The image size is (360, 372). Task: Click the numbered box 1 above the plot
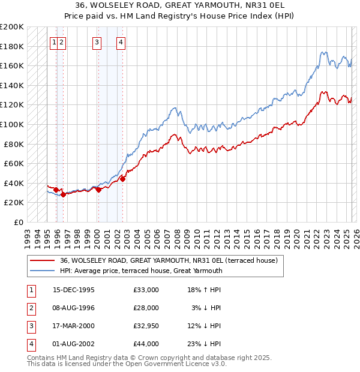[55, 42]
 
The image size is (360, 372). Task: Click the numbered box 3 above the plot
[97, 42]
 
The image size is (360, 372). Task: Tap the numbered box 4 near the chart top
[121, 42]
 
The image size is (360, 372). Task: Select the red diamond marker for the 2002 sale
[122, 179]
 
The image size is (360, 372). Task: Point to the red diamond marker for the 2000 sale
[98, 190]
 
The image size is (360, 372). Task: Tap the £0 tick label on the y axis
[19, 222]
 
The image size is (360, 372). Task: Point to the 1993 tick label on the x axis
[27, 234]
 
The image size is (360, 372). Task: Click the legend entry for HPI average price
[141, 271]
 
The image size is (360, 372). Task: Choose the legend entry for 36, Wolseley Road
[168, 261]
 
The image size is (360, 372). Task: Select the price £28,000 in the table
[146, 308]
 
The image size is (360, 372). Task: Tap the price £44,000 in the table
[146, 344]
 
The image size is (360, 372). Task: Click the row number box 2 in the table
[30, 308]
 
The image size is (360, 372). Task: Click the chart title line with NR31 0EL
[180, 6]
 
